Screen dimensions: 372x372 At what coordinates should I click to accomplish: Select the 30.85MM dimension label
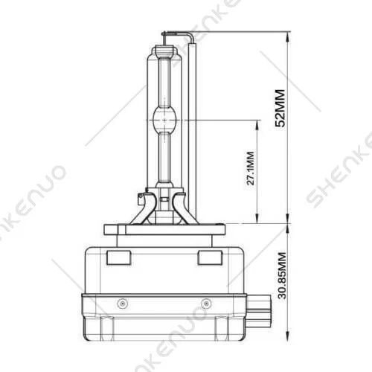click(x=280, y=276)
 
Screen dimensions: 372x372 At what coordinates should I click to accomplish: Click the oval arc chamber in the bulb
click(x=166, y=120)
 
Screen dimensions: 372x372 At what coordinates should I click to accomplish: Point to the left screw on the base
click(x=123, y=304)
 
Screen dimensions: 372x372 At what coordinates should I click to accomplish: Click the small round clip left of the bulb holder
click(x=141, y=199)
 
